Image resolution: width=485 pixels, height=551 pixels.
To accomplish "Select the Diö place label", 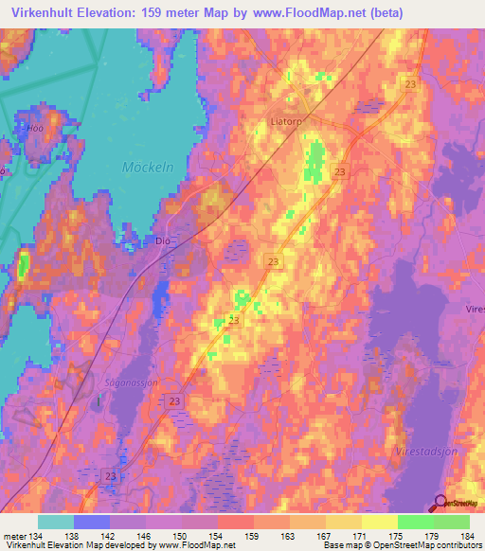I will (x=162, y=241).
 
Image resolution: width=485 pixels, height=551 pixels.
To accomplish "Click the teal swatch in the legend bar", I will (x=56, y=522).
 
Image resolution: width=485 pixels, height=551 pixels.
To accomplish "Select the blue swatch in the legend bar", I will (x=92, y=522).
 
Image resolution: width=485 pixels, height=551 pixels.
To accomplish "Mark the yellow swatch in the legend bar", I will (x=380, y=522).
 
